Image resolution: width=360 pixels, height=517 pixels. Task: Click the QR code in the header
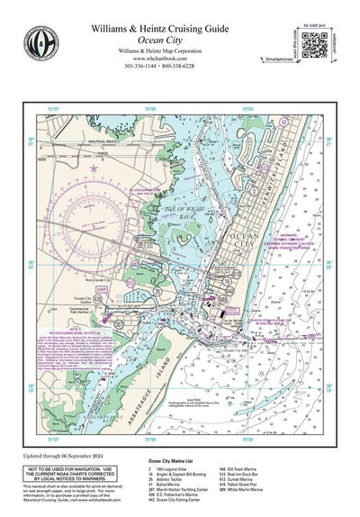[315, 43]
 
